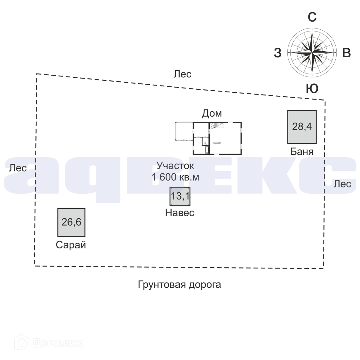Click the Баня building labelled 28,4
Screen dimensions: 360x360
(302, 127)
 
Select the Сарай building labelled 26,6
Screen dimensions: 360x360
(71, 222)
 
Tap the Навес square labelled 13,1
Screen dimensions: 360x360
(180, 196)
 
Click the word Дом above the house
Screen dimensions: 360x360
(212, 113)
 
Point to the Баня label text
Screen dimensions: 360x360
(302, 151)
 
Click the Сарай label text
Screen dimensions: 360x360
(71, 245)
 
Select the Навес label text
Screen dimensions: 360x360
(180, 213)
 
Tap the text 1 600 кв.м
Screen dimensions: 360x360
(175, 177)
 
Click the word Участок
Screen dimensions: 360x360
(175, 165)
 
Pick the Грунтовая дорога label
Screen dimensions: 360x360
(179, 284)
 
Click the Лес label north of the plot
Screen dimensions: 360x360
(182, 74)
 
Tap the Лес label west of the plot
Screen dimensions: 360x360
(18, 168)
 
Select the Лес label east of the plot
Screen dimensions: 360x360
(342, 184)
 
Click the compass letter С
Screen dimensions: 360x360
(312, 18)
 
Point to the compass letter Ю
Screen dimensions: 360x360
(312, 89)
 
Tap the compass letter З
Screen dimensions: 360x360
(278, 53)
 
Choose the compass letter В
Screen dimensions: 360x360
(346, 53)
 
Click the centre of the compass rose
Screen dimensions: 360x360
(312, 52)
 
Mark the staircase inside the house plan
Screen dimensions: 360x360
(216, 125)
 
